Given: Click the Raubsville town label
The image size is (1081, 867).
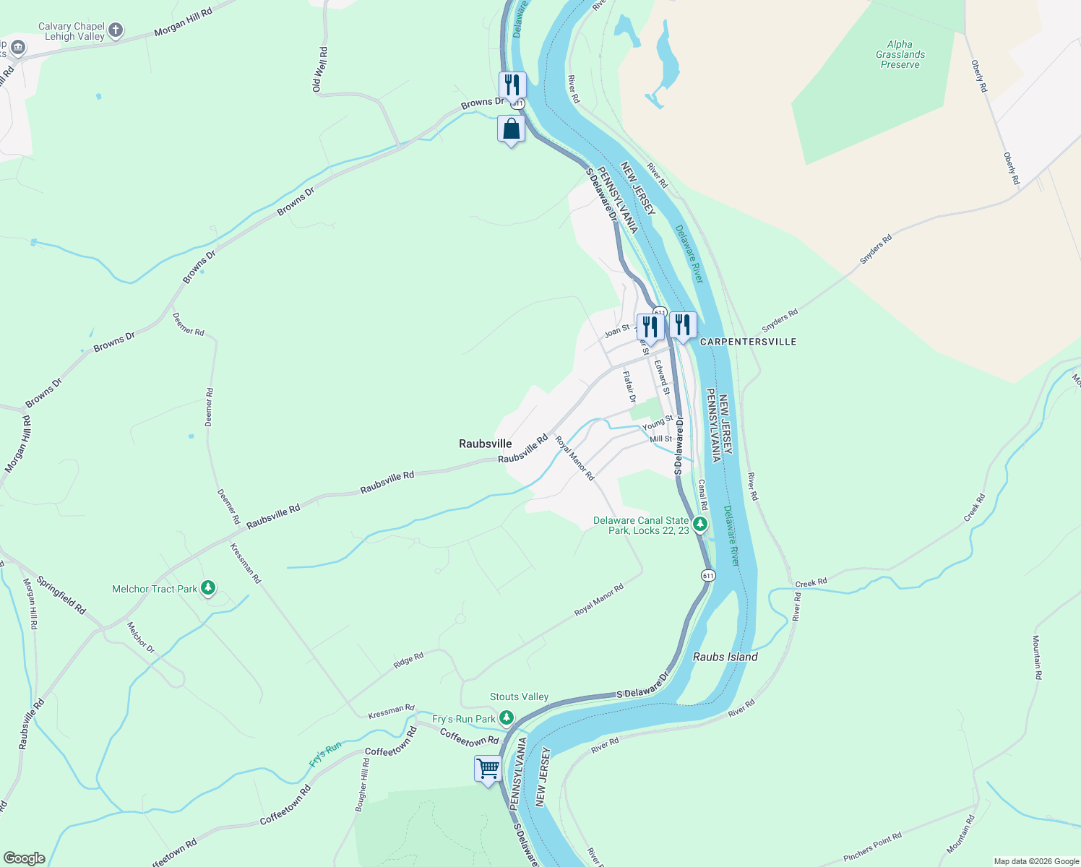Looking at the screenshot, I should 485,444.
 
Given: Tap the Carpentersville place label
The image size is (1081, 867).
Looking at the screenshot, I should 748,342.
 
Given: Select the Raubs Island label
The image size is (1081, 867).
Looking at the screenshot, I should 725,657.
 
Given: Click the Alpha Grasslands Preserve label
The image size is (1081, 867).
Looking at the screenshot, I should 900,54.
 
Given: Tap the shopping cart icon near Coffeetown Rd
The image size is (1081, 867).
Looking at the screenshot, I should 488,768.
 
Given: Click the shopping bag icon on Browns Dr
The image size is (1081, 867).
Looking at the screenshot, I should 511,129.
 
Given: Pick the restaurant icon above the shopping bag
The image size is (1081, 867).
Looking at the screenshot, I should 512,85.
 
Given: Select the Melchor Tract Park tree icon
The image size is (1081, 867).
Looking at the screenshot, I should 208,588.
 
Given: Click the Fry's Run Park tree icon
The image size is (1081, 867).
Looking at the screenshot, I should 507,718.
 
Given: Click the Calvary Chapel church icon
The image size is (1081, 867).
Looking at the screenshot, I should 116,30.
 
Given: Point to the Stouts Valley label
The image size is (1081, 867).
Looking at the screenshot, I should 519,697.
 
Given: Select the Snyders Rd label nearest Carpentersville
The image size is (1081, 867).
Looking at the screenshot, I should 780,319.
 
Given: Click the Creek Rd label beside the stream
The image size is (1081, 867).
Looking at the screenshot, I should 811,582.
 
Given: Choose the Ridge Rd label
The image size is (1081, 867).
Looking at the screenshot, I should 408,660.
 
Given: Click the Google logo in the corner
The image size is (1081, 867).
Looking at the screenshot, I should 24,858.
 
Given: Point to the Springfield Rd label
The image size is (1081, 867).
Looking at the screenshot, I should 61,595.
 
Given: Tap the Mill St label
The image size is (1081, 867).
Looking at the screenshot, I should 660,439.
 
